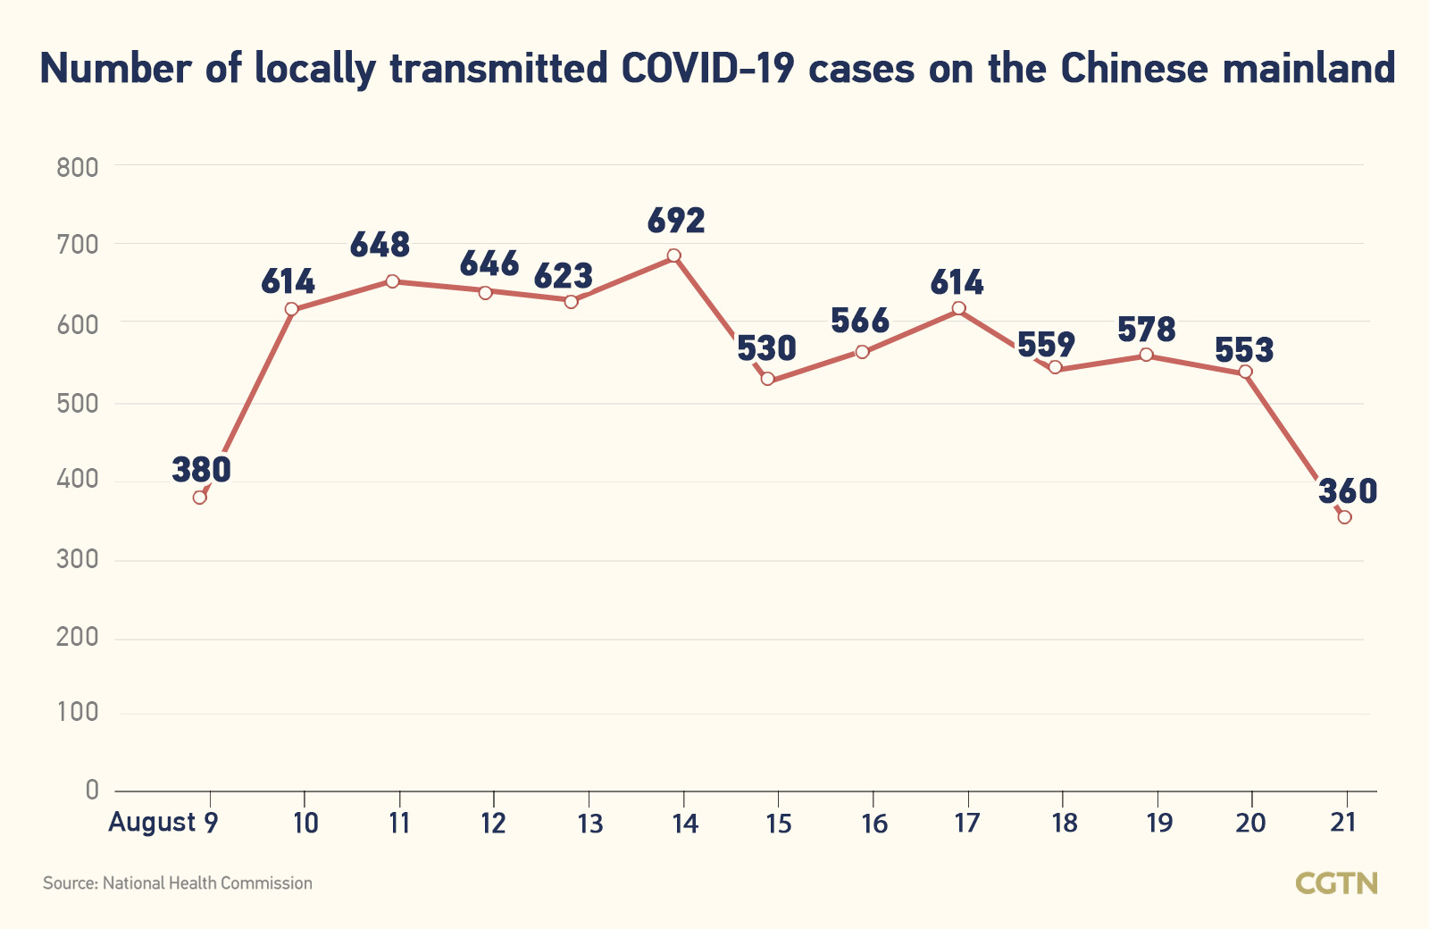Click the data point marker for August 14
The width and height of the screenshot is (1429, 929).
pos(673,255)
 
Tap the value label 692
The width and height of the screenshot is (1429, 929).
pos(676,221)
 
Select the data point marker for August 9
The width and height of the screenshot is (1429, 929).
pos(200,498)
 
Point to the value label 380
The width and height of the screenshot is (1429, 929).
pos(202,469)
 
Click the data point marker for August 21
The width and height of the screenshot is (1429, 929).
pos(1344,517)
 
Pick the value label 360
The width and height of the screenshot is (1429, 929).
pos(1348,490)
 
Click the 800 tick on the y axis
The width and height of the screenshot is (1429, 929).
pos(77,167)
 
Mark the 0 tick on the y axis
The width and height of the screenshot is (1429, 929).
pos(92,790)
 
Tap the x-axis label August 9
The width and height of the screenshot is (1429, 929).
pos(163,823)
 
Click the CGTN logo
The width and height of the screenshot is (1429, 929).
pos(1336,883)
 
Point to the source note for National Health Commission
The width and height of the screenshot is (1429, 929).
pos(178,883)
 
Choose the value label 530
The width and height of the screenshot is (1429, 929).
pos(766,348)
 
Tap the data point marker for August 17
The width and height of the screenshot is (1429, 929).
pos(958,308)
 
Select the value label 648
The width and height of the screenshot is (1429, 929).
pos(380,245)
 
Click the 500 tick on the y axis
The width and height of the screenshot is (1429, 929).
pos(77,403)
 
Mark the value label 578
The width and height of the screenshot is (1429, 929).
pos(1147,330)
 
